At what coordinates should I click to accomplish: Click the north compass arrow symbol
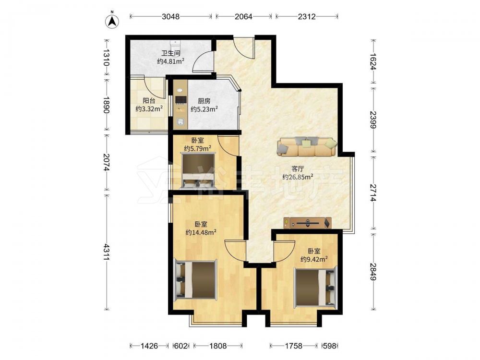[x=112, y=21]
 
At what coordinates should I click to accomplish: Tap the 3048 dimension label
[x=170, y=16]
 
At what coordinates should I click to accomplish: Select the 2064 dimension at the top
[x=243, y=16]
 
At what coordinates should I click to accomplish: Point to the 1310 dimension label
[x=106, y=57]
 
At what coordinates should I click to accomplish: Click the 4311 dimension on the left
[x=106, y=252]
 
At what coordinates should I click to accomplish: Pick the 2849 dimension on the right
[x=372, y=272]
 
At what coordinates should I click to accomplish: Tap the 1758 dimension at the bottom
[x=293, y=346]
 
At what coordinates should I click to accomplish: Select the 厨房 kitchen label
[x=204, y=101]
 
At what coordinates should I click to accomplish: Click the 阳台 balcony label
[x=149, y=100]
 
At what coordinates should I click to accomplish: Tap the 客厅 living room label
[x=298, y=168]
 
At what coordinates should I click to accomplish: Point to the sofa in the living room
[x=307, y=146]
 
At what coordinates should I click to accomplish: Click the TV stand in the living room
[x=307, y=223]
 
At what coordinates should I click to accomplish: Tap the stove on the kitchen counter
[x=180, y=99]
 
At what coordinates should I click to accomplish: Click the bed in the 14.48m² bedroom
[x=195, y=279]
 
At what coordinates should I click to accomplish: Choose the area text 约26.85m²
[x=298, y=177]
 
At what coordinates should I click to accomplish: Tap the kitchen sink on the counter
[x=180, y=121]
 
